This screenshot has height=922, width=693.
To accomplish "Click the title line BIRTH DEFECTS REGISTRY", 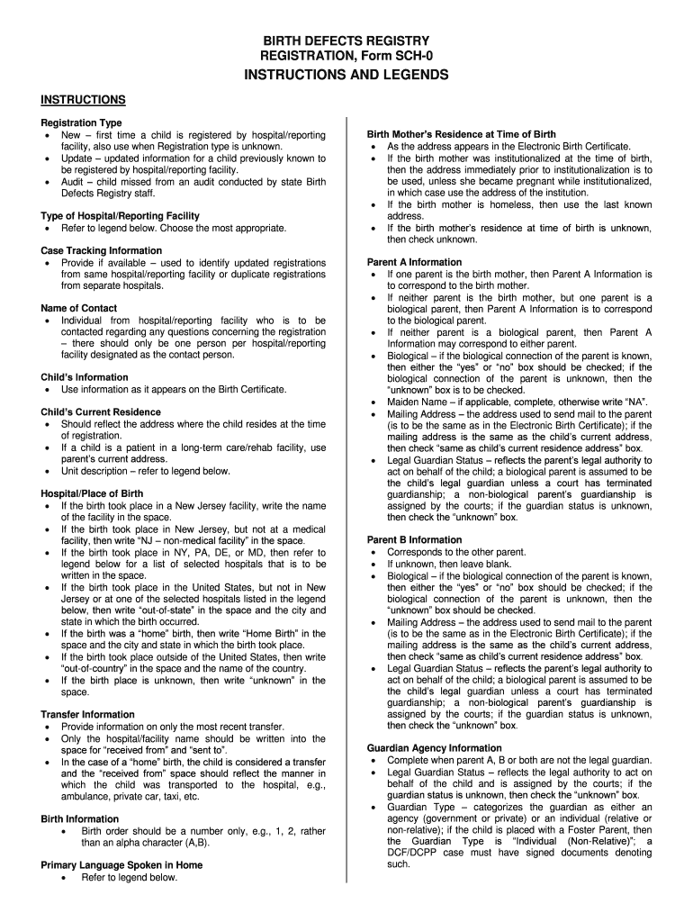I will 346,41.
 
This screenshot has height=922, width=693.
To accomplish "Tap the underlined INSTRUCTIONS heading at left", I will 83,99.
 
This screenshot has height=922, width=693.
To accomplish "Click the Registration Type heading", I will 81,122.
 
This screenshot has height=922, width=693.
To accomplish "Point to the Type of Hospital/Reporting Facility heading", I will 120,216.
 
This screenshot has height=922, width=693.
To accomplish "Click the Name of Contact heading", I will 79,308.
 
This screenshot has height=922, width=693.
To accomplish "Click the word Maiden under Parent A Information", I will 405,402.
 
